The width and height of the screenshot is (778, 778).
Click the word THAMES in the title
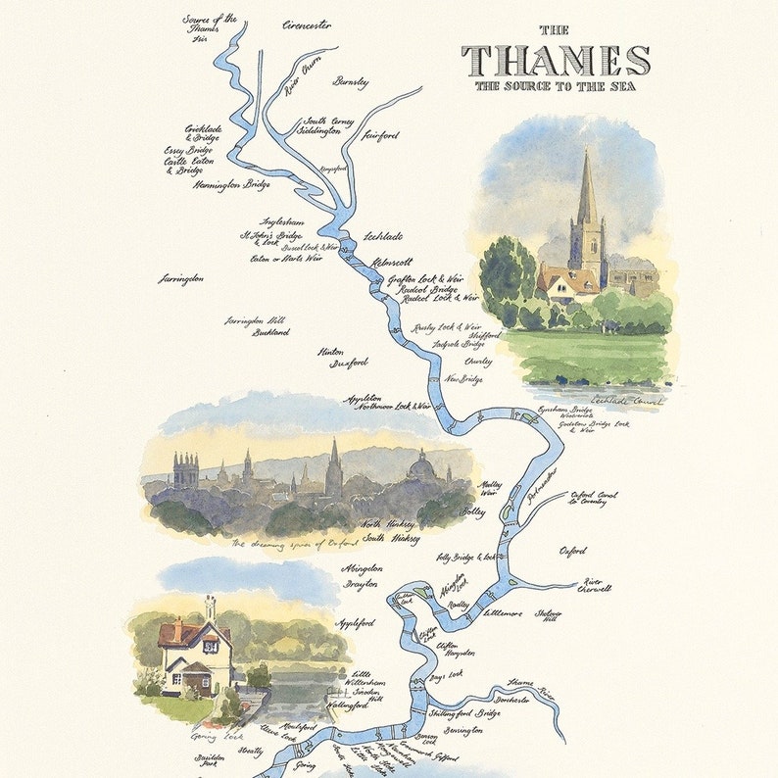click(556, 60)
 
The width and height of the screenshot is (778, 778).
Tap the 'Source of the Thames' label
click(210, 25)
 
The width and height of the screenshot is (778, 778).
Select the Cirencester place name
click(306, 24)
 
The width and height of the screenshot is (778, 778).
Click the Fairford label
click(381, 133)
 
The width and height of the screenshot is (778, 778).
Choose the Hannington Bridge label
click(232, 184)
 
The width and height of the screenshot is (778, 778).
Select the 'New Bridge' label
click(464, 378)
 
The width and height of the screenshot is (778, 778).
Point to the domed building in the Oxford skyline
click(422, 467)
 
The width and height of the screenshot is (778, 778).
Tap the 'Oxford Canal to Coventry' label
click(593, 499)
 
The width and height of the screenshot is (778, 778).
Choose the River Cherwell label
click(598, 584)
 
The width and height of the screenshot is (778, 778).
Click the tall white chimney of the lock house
click(210, 607)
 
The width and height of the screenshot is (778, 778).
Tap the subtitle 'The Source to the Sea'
click(556, 86)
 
